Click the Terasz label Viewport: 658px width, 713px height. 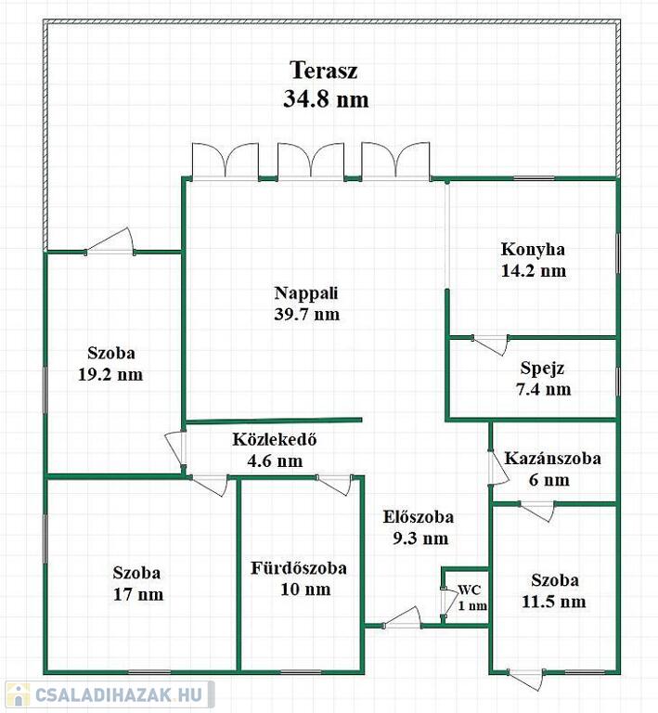pos(324,71)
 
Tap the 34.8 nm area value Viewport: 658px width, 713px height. pos(326,98)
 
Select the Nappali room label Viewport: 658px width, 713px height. pos(306,293)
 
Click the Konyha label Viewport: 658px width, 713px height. pos(533,249)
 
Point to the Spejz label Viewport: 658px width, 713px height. pos(542,368)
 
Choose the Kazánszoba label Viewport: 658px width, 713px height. pos(552,458)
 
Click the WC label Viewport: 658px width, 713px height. pos(469,590)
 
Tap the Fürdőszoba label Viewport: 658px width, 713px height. pos(299,568)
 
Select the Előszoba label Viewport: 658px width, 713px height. pos(418,517)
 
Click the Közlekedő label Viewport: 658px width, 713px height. pos(275,439)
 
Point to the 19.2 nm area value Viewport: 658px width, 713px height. pos(110,375)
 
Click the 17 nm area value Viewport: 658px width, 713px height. pos(138,594)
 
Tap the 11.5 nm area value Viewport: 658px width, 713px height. pos(553,602)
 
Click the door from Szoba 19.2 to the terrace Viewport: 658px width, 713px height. pos(110,241)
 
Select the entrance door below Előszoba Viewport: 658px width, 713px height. pos(402,618)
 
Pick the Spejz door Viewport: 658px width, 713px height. pos(490,344)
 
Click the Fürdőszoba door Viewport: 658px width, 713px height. pos(334,485)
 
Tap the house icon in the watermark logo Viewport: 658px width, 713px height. pos(18,695)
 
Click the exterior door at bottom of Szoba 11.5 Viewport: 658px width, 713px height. pos(526,679)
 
